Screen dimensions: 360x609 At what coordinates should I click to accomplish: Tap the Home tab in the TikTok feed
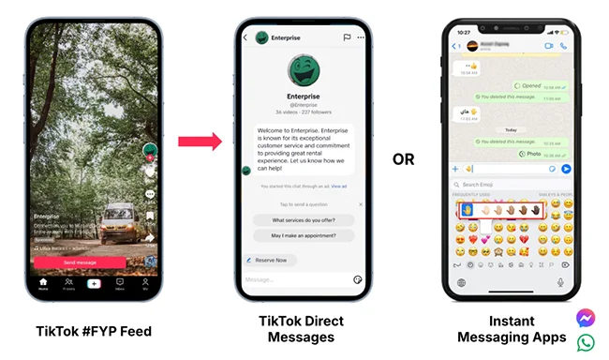pyautogui.click(x=43, y=283)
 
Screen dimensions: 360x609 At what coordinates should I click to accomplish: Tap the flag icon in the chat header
pyautogui.click(x=347, y=38)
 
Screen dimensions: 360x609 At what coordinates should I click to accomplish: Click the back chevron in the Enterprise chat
pyautogui.click(x=245, y=38)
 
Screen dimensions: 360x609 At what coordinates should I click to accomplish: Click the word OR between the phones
pyautogui.click(x=404, y=159)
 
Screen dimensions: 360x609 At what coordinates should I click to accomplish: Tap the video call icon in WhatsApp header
pyautogui.click(x=548, y=45)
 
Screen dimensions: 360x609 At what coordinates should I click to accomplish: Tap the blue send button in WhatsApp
pyautogui.click(x=565, y=169)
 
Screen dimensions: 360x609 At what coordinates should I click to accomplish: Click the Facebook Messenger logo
pyautogui.click(x=587, y=317)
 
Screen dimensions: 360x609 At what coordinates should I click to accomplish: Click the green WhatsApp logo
pyautogui.click(x=587, y=342)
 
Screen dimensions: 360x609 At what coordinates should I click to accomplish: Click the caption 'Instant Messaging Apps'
pyautogui.click(x=511, y=329)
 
